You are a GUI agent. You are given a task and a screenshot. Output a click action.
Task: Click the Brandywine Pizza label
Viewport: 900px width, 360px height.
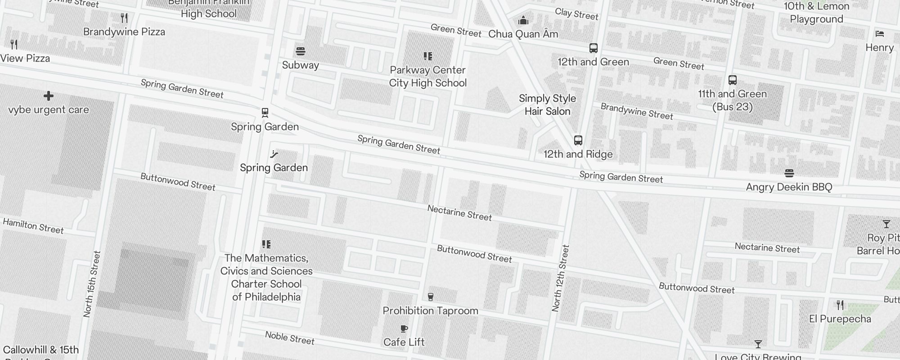coord(124,32)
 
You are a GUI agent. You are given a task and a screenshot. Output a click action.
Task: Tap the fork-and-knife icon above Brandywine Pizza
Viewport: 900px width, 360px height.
coord(124,18)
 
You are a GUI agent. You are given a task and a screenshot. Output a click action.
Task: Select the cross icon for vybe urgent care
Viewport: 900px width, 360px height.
coord(49,96)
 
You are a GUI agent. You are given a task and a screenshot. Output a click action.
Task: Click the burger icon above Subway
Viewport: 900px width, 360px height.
coord(301,51)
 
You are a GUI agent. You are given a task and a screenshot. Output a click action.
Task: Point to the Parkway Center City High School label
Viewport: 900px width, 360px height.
coord(427,76)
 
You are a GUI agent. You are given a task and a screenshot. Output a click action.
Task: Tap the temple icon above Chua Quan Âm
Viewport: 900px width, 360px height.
coord(523,20)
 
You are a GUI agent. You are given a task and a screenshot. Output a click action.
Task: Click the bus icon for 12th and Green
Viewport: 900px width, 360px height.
coord(594,48)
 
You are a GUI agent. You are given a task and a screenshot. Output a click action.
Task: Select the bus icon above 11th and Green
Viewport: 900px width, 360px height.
coord(733,80)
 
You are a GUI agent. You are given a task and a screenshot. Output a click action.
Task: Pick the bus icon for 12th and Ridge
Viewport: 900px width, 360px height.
coord(578,140)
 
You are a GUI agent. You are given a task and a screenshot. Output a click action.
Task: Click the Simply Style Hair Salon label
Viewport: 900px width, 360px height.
coord(547,105)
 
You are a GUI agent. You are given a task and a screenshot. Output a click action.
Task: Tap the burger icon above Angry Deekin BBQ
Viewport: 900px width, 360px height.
coord(789,173)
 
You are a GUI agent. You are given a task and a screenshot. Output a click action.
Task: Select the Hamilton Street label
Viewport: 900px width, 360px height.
coord(33,226)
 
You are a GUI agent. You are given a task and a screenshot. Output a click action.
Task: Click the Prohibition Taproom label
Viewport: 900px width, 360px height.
coord(430,310)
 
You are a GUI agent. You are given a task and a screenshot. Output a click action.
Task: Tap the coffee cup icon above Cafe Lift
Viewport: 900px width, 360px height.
coord(404,329)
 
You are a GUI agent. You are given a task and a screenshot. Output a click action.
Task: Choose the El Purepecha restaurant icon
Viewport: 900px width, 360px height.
coord(840,305)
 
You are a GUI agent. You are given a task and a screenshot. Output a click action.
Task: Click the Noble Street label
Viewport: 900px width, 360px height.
coord(290,337)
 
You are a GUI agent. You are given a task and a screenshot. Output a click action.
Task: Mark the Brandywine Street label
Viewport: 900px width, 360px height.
coord(637,111)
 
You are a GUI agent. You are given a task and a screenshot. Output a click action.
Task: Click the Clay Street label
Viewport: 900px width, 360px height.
coord(576,14)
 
